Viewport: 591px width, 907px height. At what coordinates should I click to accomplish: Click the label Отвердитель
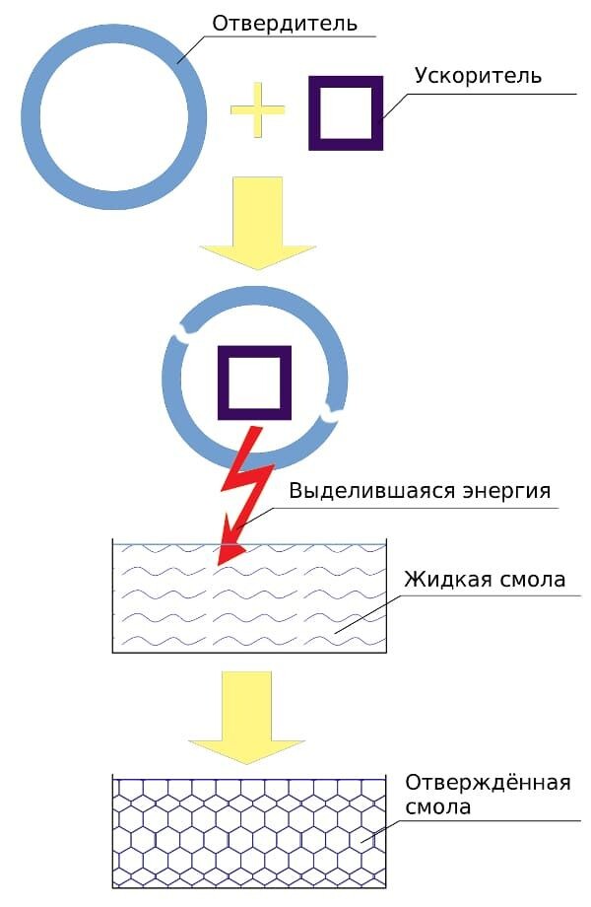pos(285,23)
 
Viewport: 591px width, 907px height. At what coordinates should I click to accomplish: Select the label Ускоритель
pos(478,76)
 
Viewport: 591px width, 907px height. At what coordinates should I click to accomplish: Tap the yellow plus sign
pos(257,110)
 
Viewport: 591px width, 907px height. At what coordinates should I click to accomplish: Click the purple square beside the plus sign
pos(345,112)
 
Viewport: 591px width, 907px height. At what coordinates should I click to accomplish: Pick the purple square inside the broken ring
pos(254,383)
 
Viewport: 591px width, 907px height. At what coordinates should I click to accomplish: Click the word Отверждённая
pos(488,783)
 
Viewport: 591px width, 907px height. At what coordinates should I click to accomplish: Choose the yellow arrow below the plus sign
pos(256,222)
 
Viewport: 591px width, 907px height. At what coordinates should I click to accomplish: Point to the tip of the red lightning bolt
pos(222,563)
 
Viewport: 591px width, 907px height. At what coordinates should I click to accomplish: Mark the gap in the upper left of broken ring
pos(180,338)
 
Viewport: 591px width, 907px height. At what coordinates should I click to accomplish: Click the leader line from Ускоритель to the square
pos(395,105)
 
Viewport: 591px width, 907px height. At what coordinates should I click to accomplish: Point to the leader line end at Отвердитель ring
pos(178,63)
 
